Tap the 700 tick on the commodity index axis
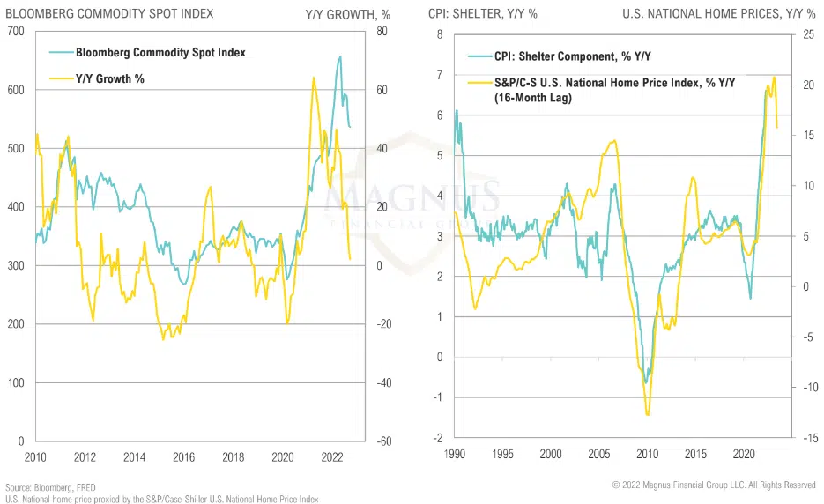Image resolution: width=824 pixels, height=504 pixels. (x=16, y=32)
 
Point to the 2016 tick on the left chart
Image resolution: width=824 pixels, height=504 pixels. (x=182, y=456)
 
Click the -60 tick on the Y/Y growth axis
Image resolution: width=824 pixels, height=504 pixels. (x=382, y=441)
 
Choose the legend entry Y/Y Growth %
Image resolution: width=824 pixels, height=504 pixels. (x=109, y=79)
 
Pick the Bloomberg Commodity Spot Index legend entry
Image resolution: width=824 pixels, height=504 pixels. (x=160, y=53)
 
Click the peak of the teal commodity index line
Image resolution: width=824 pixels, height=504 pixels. (x=340, y=56)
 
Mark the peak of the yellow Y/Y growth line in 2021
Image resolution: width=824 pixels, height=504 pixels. (x=314, y=78)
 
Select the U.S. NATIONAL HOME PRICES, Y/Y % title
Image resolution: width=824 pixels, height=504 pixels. (x=718, y=14)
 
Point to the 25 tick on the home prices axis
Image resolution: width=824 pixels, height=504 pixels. (x=805, y=34)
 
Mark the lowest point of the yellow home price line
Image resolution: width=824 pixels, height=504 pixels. (x=648, y=414)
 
